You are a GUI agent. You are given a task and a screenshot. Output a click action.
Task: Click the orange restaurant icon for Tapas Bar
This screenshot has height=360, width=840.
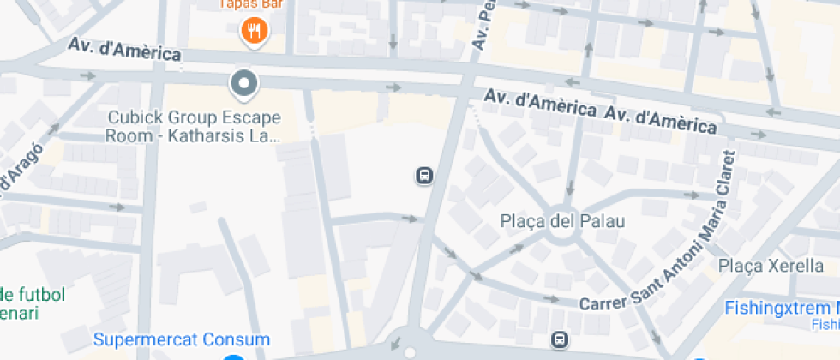point(253,32)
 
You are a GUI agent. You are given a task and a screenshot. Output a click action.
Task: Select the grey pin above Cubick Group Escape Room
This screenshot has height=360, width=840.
point(244,83)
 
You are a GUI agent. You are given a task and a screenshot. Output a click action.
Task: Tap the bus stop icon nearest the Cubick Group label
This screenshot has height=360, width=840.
point(423,177)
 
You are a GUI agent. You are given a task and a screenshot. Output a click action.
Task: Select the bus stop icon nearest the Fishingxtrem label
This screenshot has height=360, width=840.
point(560,339)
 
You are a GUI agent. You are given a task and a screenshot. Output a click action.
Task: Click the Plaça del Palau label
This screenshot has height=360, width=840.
point(562,221)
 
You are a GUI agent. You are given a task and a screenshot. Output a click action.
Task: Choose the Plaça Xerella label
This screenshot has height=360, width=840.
point(771,266)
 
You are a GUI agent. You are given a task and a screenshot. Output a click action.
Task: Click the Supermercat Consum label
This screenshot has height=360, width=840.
point(182,339)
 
